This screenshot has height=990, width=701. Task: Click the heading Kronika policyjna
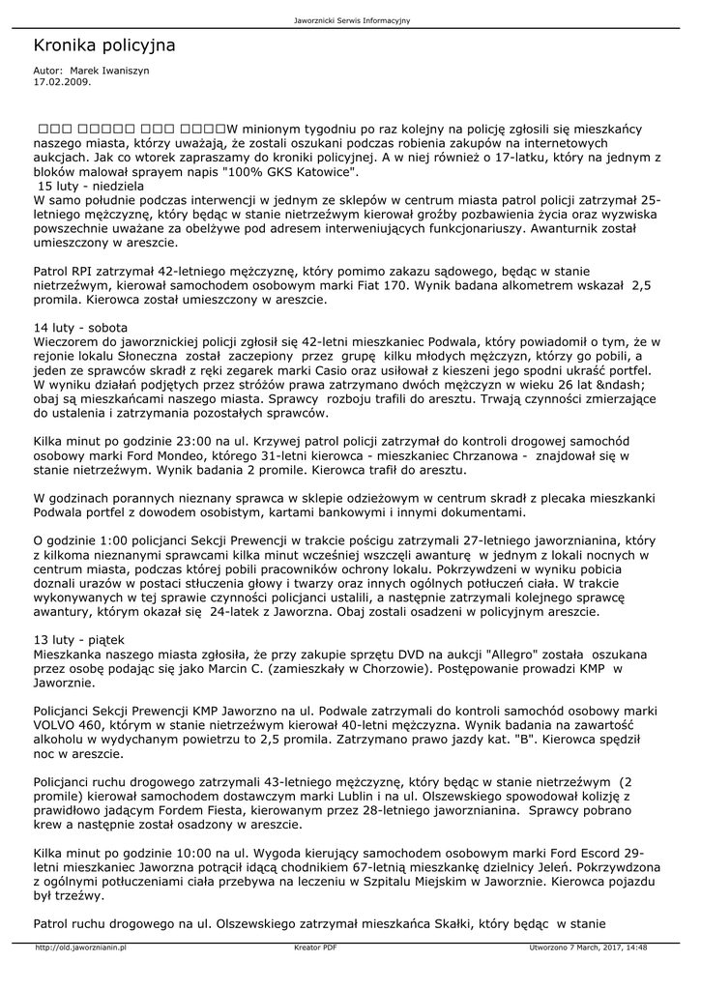104,45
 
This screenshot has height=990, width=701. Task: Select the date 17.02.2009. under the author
62,82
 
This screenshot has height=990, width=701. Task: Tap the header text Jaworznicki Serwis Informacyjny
350,20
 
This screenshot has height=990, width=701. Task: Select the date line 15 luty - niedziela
91,186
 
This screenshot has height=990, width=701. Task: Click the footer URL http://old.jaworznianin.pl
81,947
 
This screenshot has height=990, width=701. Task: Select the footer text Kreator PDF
315,947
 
